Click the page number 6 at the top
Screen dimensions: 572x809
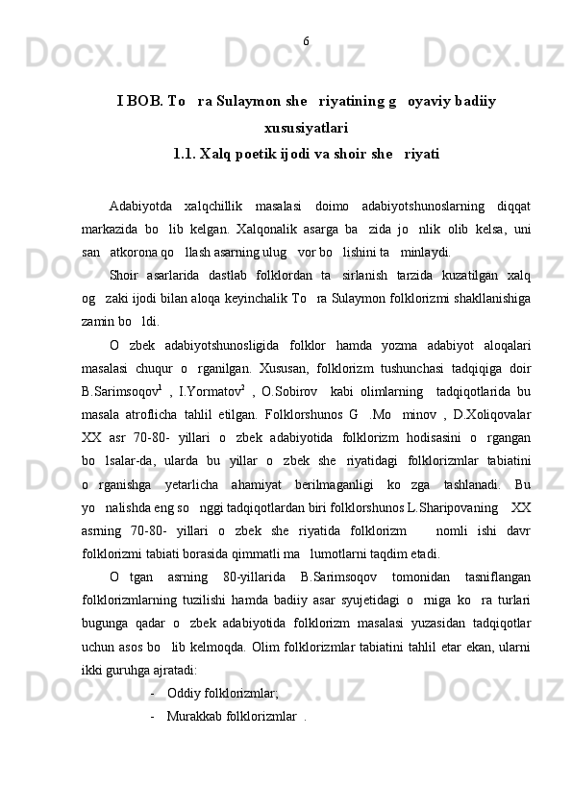tap(306, 41)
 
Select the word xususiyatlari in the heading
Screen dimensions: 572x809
tap(306, 128)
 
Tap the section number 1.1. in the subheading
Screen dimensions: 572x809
tap(187, 153)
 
